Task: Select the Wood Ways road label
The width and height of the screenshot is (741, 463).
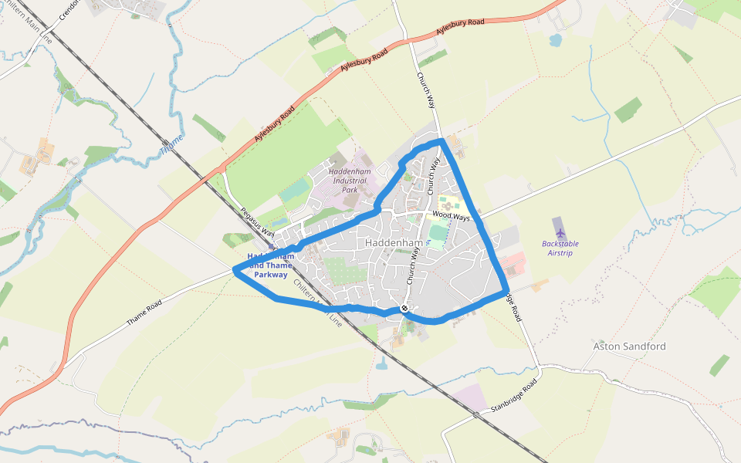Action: [451, 217]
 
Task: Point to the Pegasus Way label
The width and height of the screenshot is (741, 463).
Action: [257, 222]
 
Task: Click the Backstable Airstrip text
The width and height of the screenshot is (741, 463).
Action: [560, 248]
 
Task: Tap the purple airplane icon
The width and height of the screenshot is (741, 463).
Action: [560, 231]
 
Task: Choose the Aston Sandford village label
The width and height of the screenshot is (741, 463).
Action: [629, 346]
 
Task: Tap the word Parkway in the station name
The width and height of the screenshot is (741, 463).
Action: [271, 275]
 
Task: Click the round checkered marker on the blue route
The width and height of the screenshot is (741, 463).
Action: [404, 309]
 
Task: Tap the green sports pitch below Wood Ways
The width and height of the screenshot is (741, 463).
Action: [438, 232]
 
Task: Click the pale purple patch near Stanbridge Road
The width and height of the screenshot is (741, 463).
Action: [469, 397]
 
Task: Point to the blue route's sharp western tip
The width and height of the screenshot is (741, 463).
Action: [234, 269]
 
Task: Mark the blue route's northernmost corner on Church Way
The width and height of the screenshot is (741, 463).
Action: [441, 140]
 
